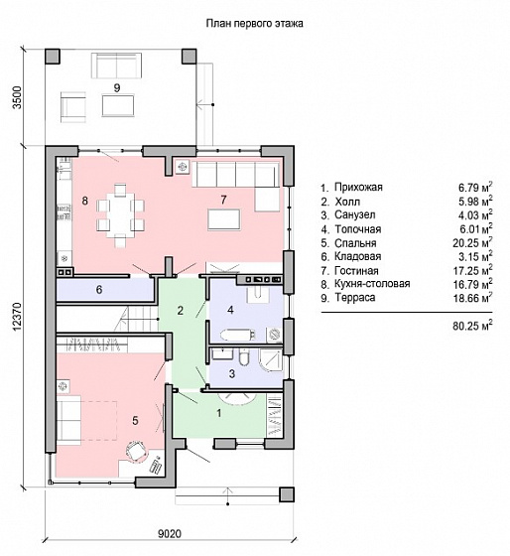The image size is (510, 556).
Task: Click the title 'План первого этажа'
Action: (254, 24)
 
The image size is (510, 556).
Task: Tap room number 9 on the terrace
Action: (117, 87)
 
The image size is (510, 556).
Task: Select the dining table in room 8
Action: (120, 214)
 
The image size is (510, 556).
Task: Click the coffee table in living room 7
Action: (224, 219)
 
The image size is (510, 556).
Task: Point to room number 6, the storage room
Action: (99, 290)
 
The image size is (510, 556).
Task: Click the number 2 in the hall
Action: (180, 311)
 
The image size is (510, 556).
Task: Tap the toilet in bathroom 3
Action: (244, 357)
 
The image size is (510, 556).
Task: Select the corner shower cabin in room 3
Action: (271, 360)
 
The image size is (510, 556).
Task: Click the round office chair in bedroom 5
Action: (135, 452)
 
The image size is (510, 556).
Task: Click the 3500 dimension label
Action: (18, 97)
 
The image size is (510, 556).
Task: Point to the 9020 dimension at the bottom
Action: (170, 534)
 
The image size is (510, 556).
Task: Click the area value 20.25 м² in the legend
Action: (472, 243)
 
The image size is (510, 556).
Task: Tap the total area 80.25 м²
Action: (472, 326)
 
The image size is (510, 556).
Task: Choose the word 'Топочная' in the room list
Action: (358, 229)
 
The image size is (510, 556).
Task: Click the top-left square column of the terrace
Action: (53, 56)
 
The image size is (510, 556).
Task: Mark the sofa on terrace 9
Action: (117, 66)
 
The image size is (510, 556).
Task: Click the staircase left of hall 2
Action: (136, 319)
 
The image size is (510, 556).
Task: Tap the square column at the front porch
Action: (287, 494)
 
